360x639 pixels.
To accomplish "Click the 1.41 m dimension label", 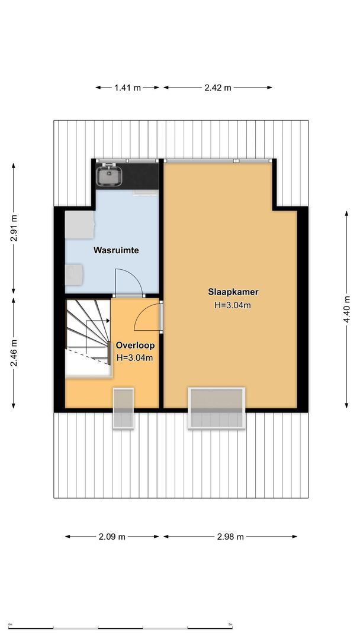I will pyautogui.click(x=127, y=88).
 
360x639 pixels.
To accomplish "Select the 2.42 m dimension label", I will pyautogui.click(x=217, y=88).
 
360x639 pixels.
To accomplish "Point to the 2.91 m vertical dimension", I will pyautogui.click(x=14, y=227).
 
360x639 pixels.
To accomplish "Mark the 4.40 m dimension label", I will pyautogui.click(x=346, y=308).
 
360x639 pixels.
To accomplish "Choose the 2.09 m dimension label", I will pyautogui.click(x=111, y=537).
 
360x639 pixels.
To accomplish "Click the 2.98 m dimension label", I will pyautogui.click(x=230, y=537).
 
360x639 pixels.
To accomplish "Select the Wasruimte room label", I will pyautogui.click(x=116, y=250).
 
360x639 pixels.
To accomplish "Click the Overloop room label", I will pyautogui.click(x=135, y=346).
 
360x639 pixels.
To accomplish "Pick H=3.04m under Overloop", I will pyautogui.click(x=135, y=357).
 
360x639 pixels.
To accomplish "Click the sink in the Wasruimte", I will pyautogui.click(x=111, y=176).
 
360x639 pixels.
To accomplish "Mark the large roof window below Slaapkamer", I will pyautogui.click(x=216, y=408).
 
